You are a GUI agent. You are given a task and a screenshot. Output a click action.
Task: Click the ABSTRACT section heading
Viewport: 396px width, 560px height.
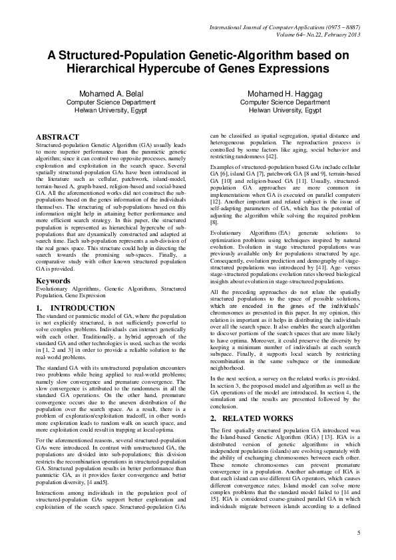(59, 136)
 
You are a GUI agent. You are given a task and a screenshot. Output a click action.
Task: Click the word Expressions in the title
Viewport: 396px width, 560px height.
(294, 69)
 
